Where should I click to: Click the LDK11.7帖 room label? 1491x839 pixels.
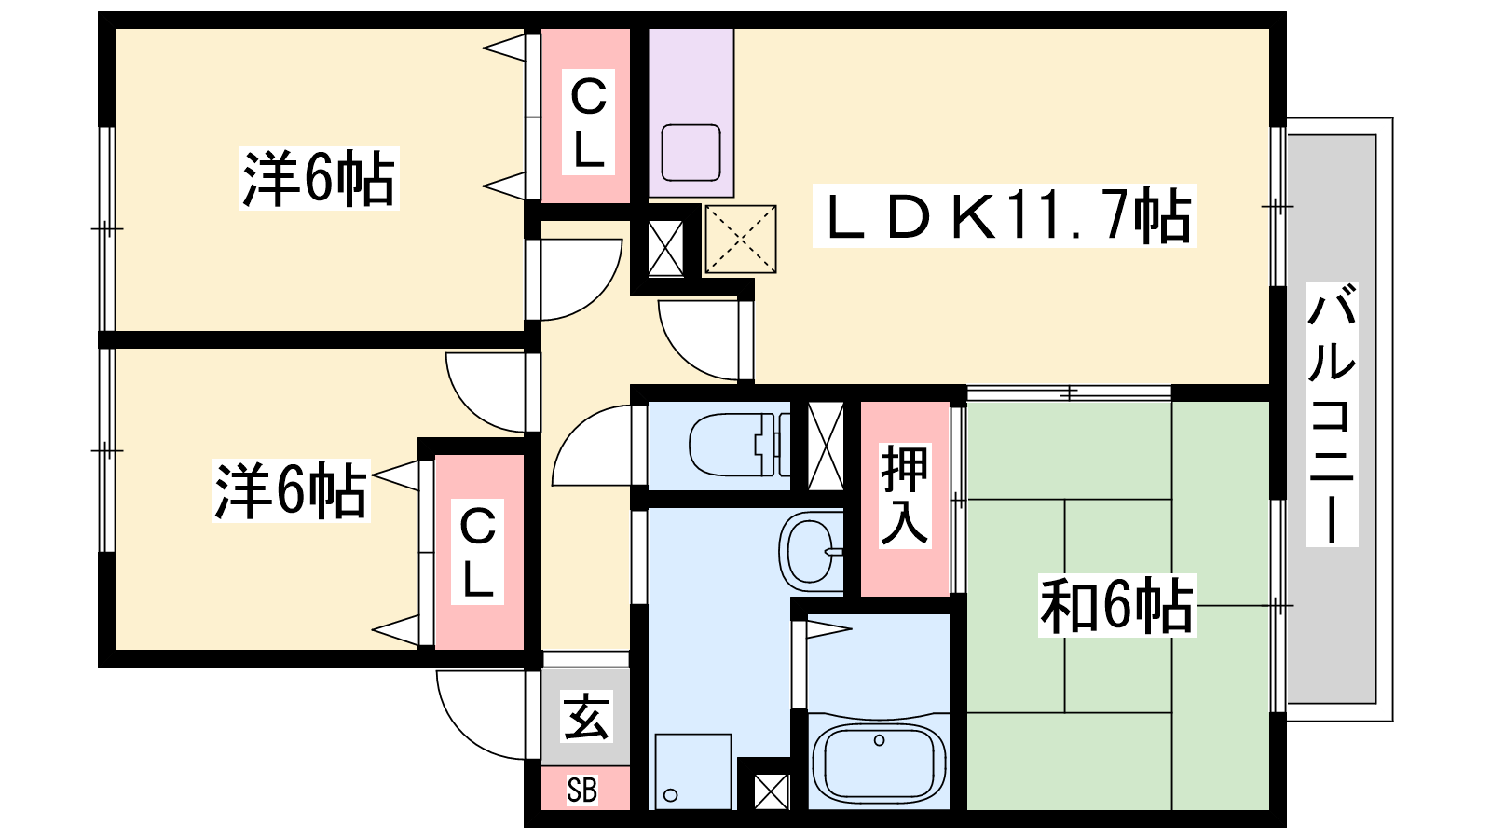point(1004,216)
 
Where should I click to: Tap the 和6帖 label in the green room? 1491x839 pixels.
point(1116,606)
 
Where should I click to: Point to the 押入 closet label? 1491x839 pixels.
point(904,495)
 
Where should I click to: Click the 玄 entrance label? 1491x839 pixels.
point(586,717)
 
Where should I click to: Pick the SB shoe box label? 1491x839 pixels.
point(582,791)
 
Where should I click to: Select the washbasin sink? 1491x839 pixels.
point(811,551)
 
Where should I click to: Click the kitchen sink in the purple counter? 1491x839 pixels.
point(691,153)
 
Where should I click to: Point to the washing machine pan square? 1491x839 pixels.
point(692,771)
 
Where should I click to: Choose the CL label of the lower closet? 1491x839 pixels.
point(477,553)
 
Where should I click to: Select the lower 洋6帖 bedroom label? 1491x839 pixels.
point(291,490)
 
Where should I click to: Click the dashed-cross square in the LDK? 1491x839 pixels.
point(741,240)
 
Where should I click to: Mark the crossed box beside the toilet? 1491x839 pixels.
point(825,446)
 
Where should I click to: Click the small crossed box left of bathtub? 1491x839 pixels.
point(771,791)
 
